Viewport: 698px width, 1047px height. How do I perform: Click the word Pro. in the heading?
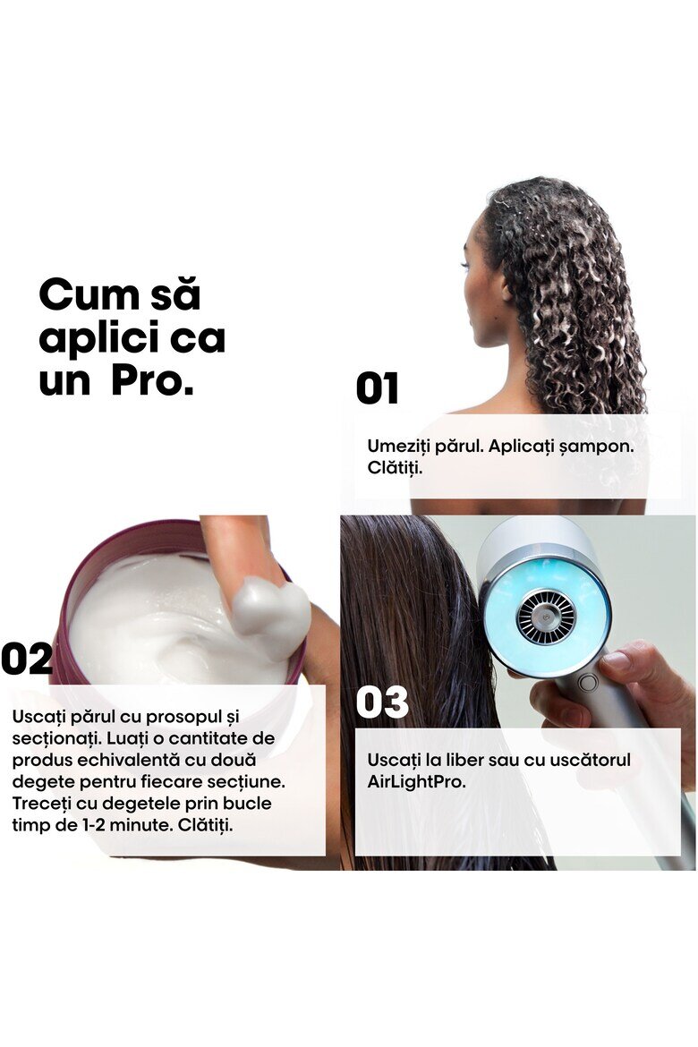pos(152,380)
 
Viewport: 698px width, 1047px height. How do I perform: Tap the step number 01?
pos(378,388)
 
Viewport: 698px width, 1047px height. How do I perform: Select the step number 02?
pos(27,659)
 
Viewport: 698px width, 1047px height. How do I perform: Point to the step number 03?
pos(382,702)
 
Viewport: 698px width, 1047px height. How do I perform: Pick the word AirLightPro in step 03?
pos(415,781)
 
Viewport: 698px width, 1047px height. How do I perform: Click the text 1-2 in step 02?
pos(93,825)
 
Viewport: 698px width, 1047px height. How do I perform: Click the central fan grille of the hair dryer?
pos(547,617)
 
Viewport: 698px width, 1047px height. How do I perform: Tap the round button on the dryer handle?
pos(587,683)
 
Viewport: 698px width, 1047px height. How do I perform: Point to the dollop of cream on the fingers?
pos(271,614)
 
